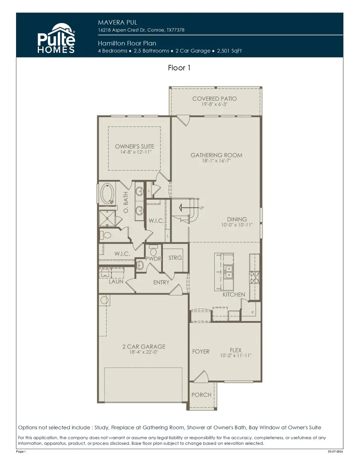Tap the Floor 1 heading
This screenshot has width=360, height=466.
[179, 68]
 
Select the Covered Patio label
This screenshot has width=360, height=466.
[214, 98]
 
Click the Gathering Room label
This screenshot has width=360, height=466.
[216, 155]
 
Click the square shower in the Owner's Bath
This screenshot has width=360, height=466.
[106, 218]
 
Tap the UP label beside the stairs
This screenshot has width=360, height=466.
[202, 208]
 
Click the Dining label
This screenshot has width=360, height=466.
[237, 219]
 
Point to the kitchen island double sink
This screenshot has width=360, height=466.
[229, 272]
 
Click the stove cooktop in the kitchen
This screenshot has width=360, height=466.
[254, 277]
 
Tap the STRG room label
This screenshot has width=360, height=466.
[175, 258]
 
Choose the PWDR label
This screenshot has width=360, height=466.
[153, 259]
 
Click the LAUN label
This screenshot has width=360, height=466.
[116, 281]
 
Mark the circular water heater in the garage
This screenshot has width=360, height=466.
[104, 300]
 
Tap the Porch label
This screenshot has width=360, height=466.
[201, 395]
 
